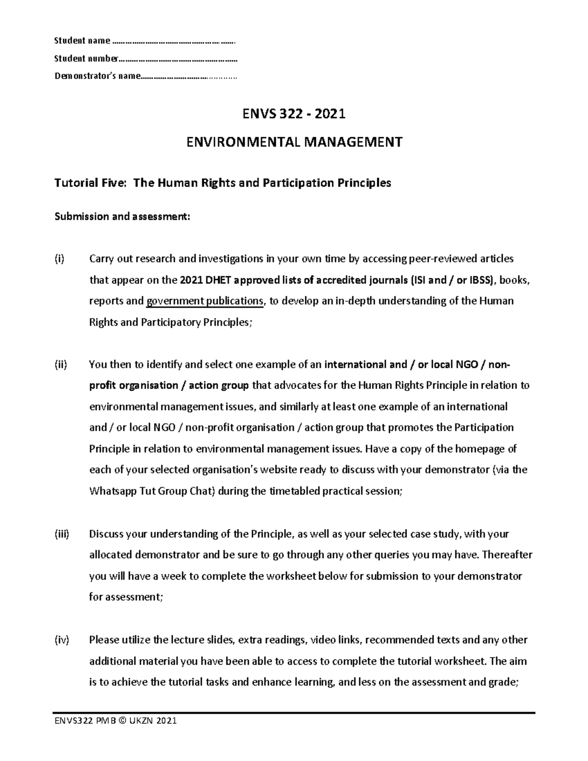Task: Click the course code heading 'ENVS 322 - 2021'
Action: tap(294, 114)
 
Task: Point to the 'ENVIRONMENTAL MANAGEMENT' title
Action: tap(294, 142)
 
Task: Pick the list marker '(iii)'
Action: tap(62, 534)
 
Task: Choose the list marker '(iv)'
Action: tap(62, 639)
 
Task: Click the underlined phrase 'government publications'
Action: tap(205, 301)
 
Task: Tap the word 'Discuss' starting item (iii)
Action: tap(106, 534)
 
